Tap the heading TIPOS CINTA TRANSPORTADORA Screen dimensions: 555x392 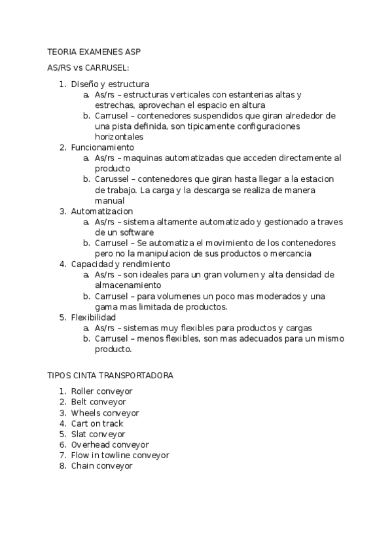(110, 376)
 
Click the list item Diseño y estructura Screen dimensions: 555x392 (110, 84)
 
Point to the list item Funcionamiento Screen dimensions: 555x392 (102, 148)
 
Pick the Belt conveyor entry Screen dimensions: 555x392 (98, 402)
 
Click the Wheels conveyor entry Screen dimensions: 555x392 (105, 413)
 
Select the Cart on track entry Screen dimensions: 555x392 (97, 423)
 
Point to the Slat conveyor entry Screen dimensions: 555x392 (98, 434)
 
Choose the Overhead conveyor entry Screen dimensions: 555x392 (110, 444)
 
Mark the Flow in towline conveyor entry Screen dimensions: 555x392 (120, 455)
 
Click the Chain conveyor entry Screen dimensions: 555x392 (101, 466)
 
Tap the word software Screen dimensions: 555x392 (135, 232)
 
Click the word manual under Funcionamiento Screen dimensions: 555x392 (109, 201)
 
